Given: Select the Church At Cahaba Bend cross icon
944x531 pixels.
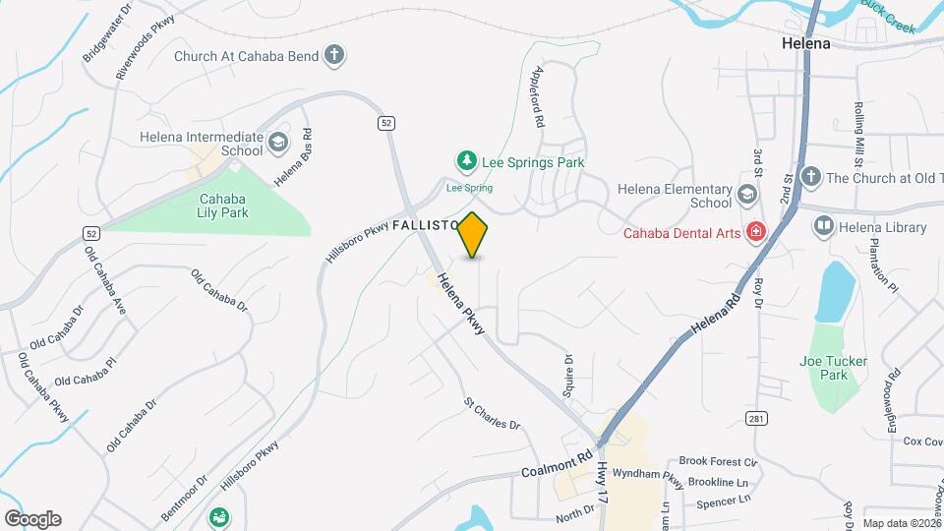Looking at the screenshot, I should pyautogui.click(x=334, y=56).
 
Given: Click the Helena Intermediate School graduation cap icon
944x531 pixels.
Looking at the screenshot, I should pyautogui.click(x=278, y=144).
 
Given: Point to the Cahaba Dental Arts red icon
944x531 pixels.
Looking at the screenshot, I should pyautogui.click(x=755, y=233).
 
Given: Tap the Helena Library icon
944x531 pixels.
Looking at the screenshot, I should pyautogui.click(x=822, y=227).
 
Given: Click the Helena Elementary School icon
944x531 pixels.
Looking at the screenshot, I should pyautogui.click(x=747, y=196).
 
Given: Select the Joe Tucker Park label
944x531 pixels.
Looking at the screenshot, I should pyautogui.click(x=834, y=368).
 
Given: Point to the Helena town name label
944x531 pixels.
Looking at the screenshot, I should pyautogui.click(x=806, y=44).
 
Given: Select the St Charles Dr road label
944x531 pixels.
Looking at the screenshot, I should pyautogui.click(x=492, y=413).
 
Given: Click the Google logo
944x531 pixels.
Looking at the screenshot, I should pyautogui.click(x=32, y=518).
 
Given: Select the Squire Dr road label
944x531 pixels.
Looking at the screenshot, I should pyautogui.click(x=567, y=374).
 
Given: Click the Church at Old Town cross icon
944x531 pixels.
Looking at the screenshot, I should pyautogui.click(x=810, y=177).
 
